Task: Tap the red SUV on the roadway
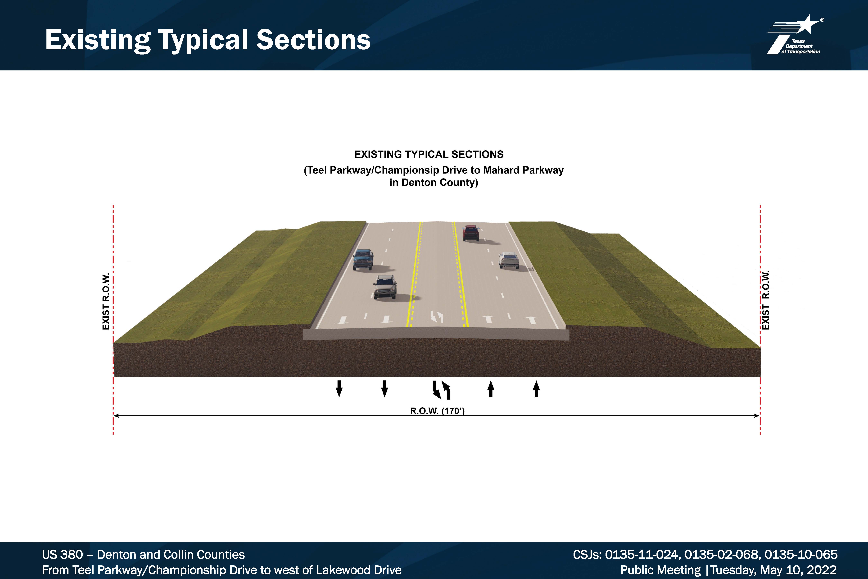click(470, 233)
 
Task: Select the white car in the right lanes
click(509, 260)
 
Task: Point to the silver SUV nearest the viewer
click(385, 287)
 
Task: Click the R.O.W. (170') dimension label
click(437, 411)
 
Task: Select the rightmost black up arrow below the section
click(536, 389)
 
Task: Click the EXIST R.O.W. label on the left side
click(106, 301)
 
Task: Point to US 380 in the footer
click(62, 555)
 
